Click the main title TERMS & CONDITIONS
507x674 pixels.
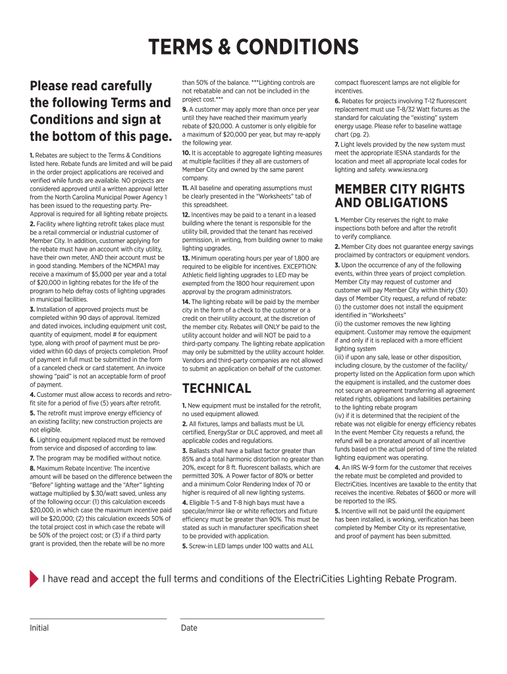tap(254, 47)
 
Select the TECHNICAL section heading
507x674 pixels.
tap(217, 388)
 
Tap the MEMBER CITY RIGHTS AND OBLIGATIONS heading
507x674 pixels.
tap(390, 196)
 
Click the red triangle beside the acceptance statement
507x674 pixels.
tap(34, 579)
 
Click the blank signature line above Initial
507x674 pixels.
tap(97, 618)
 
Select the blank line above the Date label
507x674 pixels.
tap(252, 618)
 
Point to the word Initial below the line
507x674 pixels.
tap(39, 628)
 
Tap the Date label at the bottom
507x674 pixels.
tap(189, 628)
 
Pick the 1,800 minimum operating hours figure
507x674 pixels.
tap(298, 258)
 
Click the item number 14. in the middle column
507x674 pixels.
tap(186, 301)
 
